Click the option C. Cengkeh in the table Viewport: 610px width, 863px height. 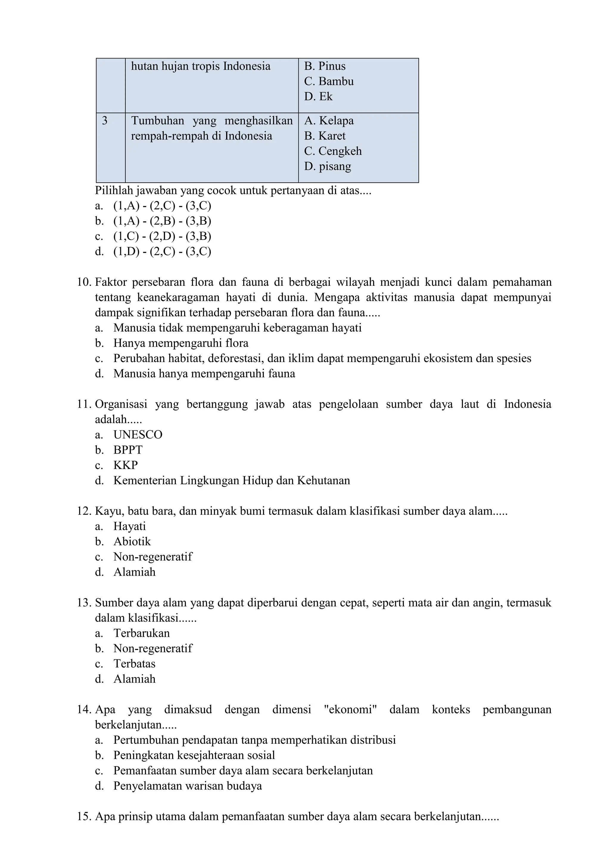point(333,151)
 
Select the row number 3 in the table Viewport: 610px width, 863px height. point(105,121)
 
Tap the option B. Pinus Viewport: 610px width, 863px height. point(325,66)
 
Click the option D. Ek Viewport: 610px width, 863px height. point(318,97)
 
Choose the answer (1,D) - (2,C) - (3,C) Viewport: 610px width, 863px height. point(162,252)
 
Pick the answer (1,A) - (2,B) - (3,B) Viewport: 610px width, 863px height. point(162,221)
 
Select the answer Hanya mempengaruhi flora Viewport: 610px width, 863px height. point(181,343)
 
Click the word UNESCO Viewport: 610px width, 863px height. point(138,435)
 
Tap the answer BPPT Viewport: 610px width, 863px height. point(128,450)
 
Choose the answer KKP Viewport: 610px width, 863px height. point(125,465)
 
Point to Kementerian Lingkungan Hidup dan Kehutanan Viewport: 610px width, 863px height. point(231,481)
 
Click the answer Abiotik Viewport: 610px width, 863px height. point(132,542)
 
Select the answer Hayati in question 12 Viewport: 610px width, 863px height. point(130,526)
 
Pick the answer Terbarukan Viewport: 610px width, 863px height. point(141,633)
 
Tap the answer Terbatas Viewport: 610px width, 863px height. point(134,664)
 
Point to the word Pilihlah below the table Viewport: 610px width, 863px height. point(114,191)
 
